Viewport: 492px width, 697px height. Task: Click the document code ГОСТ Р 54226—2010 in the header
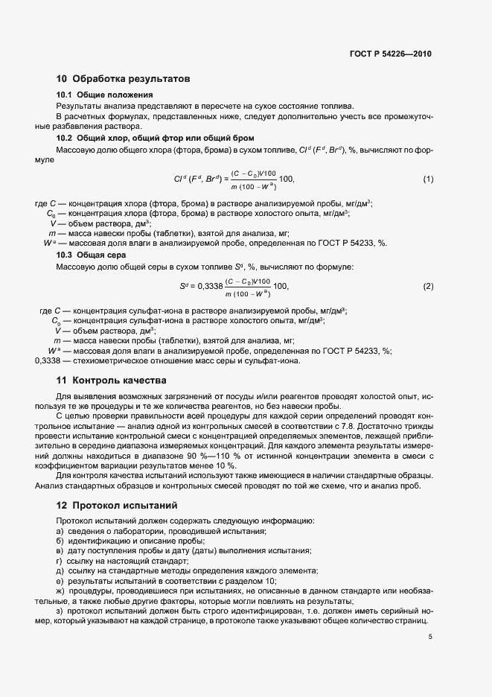[390, 54]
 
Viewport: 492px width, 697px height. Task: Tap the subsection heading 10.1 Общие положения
[105, 95]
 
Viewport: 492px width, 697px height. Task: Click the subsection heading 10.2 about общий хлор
[156, 138]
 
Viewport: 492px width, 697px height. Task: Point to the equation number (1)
[428, 179]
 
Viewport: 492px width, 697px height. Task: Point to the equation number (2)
[428, 287]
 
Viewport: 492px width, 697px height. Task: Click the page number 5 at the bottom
[430, 637]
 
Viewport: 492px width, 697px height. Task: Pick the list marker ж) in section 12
[60, 591]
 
